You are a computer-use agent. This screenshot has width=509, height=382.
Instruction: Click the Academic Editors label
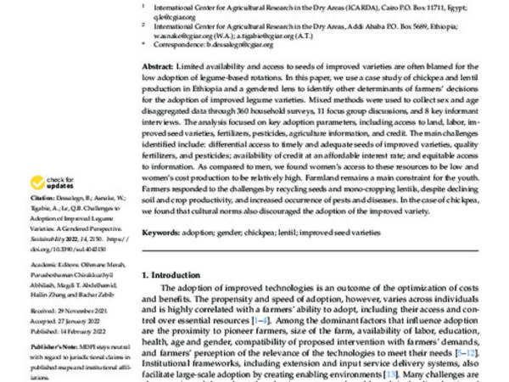point(53,271)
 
